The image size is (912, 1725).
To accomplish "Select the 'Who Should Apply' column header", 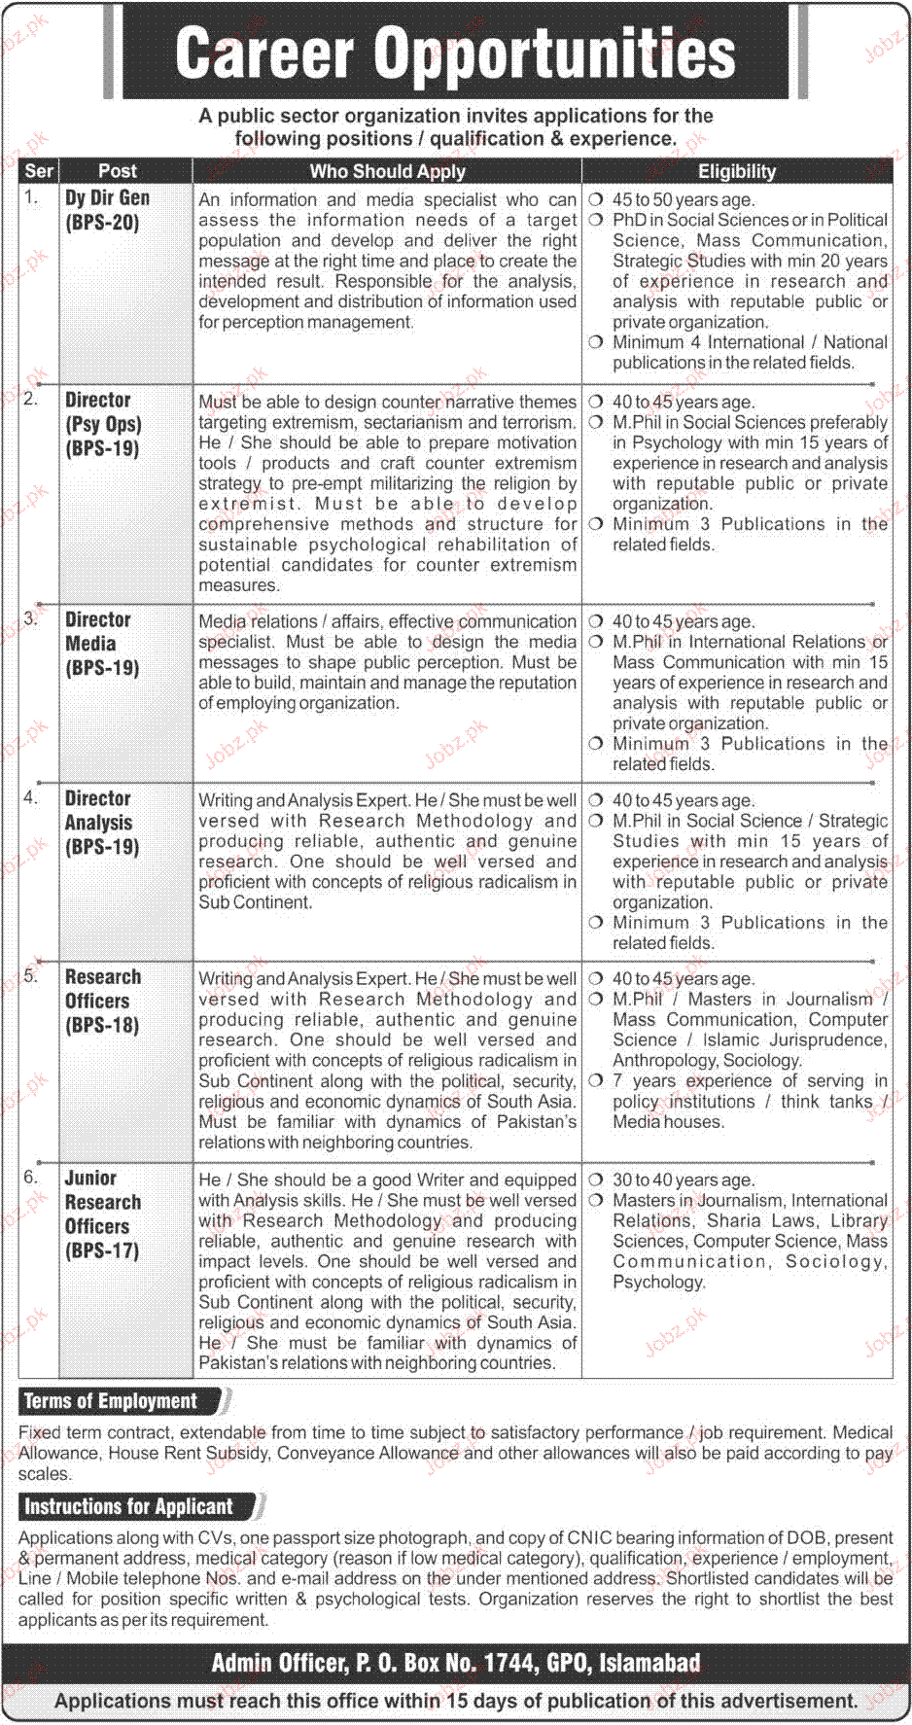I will click(x=387, y=171).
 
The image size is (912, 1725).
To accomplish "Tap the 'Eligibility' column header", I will click(x=737, y=171).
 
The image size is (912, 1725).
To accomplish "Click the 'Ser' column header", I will click(x=39, y=171).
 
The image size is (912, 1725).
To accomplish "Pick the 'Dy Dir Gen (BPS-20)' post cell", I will click(x=107, y=210).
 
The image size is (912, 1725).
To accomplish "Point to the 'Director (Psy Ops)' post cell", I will click(x=103, y=424).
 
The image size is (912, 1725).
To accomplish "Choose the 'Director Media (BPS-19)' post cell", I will click(x=101, y=644).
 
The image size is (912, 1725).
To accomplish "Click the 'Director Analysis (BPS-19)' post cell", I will click(x=101, y=823).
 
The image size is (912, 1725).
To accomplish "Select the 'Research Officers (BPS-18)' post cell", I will click(x=102, y=1001).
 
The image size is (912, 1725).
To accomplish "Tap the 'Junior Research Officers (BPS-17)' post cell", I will click(x=102, y=1214).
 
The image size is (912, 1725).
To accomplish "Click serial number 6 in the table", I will click(x=31, y=1178).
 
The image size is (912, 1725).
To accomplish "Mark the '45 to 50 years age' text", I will click(x=683, y=199).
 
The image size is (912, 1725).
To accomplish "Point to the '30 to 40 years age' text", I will click(x=683, y=1179).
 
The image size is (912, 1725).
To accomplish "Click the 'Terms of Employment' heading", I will click(x=110, y=1401).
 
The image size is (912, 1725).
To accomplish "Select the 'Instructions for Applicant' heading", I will click(x=128, y=1506).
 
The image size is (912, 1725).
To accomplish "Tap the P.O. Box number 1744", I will click(x=508, y=1664).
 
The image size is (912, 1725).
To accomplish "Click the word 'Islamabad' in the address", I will click(x=649, y=1664).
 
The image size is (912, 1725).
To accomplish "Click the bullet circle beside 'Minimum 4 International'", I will click(x=595, y=342).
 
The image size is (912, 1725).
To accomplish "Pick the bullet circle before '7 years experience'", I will click(x=595, y=1080).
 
